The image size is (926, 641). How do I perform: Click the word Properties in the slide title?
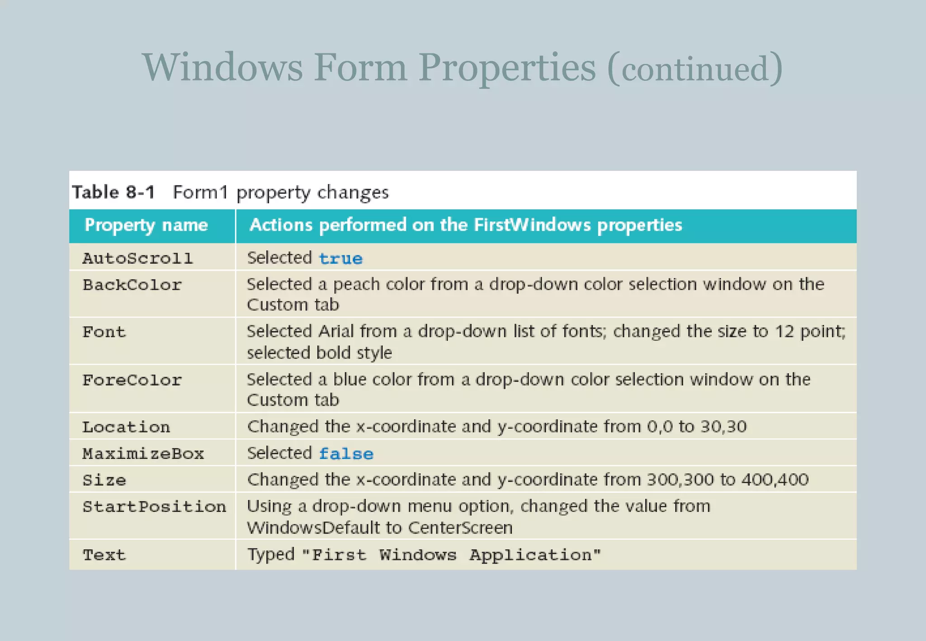507,68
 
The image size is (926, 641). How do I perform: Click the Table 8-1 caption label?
113,192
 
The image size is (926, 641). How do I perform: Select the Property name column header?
146,225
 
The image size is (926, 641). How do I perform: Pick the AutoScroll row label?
137,259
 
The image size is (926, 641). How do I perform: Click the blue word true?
340,259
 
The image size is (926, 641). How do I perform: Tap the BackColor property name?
132,285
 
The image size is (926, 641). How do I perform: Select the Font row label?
104,332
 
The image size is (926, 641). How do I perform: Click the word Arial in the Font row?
336,331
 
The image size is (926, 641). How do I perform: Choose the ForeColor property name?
132,380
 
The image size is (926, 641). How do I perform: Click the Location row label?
126,427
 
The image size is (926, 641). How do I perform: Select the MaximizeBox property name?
143,454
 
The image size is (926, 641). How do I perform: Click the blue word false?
346,454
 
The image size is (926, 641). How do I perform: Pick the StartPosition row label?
154,507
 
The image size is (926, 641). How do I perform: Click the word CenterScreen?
460,528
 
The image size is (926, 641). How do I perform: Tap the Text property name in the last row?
104,555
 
